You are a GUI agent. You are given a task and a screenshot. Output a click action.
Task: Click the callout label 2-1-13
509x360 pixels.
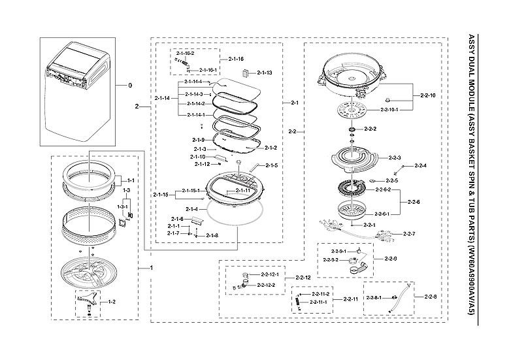[264, 73]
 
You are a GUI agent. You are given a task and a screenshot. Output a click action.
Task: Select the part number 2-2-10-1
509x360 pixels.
[389, 110]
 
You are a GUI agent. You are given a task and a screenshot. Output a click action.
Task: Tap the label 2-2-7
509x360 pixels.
[409, 234]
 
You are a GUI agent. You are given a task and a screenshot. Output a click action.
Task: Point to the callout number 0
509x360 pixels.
[129, 86]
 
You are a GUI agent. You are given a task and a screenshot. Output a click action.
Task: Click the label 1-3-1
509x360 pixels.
[122, 206]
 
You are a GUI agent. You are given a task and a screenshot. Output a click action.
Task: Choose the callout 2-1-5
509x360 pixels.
[271, 165]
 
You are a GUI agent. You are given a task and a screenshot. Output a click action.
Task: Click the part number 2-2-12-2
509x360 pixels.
[266, 286]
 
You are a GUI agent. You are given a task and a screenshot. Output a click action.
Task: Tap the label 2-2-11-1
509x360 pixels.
[318, 303]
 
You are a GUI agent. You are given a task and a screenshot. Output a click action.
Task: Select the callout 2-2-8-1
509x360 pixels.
[375, 298]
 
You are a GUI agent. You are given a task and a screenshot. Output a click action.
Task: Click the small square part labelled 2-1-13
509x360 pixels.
[246, 73]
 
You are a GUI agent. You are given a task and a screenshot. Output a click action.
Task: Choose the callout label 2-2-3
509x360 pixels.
[394, 157]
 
